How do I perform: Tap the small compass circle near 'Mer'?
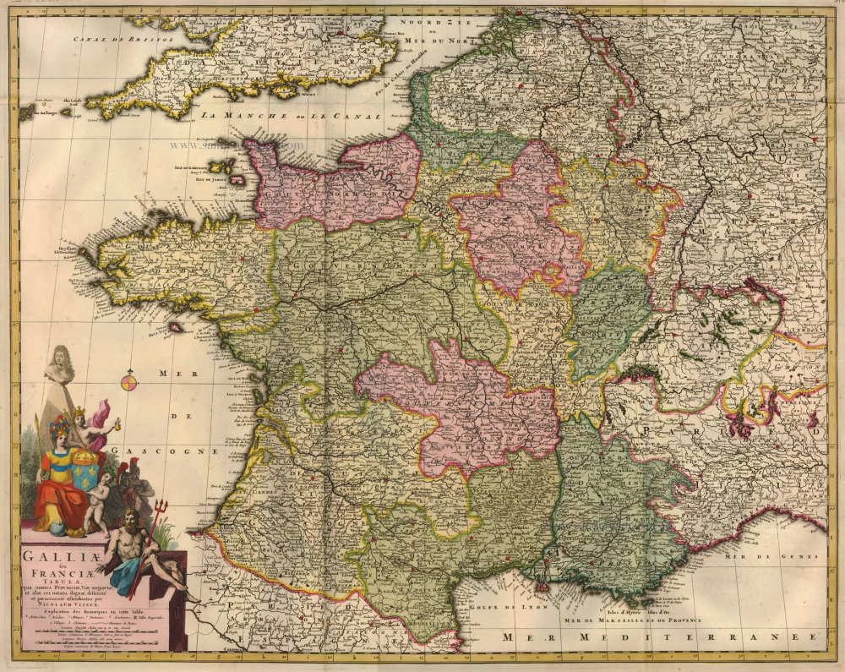[128, 381]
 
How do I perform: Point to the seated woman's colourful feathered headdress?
[59, 423]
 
